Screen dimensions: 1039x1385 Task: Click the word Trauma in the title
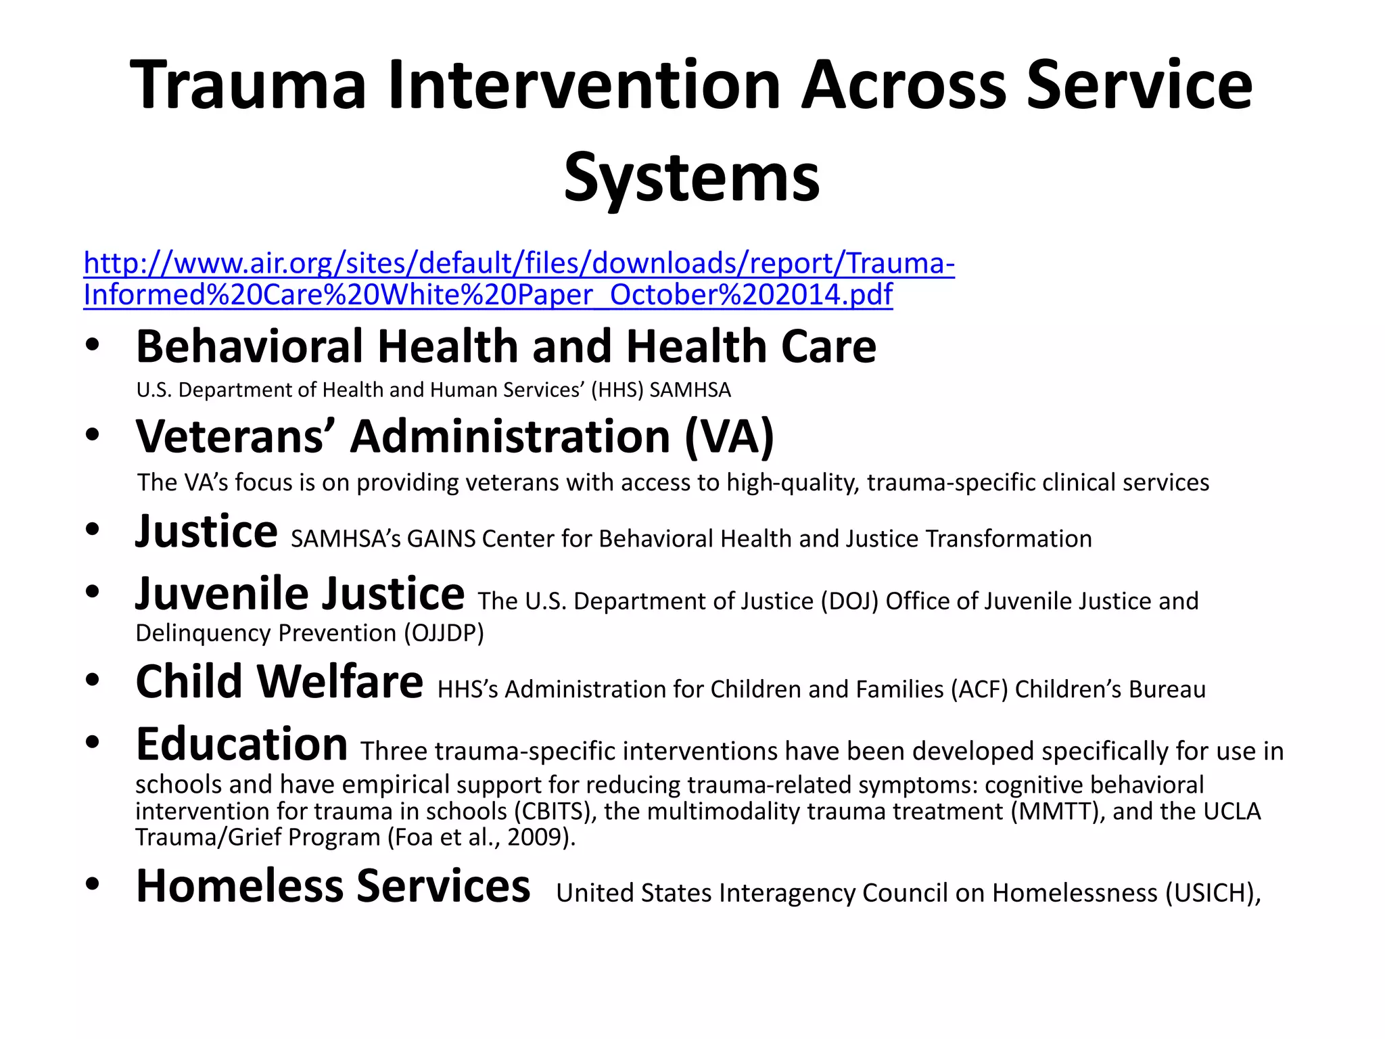coord(248,85)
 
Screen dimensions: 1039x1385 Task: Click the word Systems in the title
coord(691,178)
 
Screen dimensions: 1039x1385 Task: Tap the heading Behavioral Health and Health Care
coord(506,346)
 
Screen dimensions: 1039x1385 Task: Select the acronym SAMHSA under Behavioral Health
coord(690,390)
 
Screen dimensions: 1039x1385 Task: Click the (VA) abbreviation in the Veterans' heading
coord(729,436)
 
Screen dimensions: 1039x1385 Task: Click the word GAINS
coord(441,539)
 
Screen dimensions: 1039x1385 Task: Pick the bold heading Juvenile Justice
coord(300,594)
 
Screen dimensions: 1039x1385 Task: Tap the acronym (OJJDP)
coord(444,633)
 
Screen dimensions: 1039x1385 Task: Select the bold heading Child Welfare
coord(279,682)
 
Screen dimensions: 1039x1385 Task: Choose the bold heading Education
coord(241,744)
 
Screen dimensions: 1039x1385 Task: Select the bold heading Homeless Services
coord(333,886)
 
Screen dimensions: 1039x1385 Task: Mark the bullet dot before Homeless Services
coord(93,883)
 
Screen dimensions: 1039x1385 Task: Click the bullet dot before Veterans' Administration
coord(93,434)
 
